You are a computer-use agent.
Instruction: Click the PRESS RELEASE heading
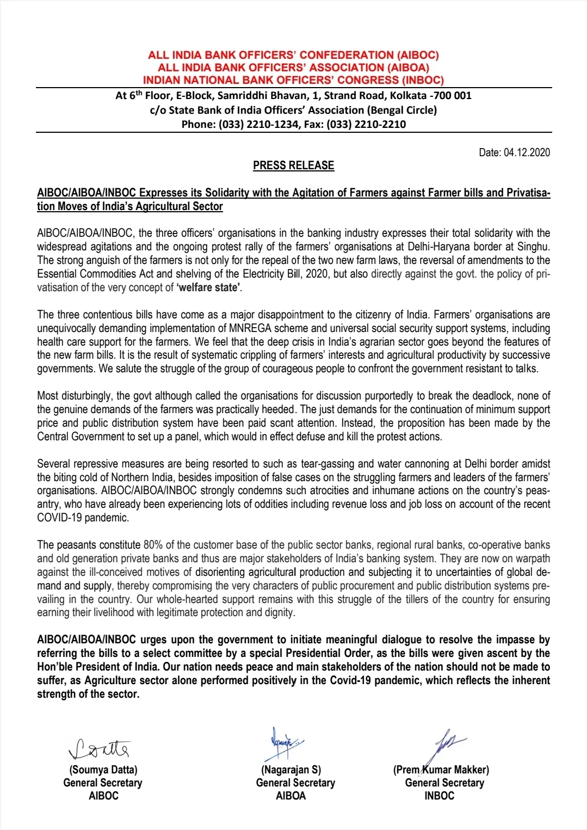[293, 165]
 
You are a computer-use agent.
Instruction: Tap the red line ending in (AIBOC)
[293, 55]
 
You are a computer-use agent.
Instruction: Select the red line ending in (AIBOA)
[293, 67]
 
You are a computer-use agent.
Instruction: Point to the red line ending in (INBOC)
[293, 80]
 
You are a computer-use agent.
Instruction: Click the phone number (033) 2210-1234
[258, 124]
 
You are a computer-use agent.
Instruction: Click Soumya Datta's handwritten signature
[100, 749]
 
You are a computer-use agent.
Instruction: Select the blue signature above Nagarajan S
[284, 742]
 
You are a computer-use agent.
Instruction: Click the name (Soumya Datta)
[103, 770]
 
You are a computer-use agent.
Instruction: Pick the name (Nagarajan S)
[291, 770]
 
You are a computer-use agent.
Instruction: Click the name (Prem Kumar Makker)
[441, 770]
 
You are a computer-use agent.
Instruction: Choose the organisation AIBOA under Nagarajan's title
[291, 796]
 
